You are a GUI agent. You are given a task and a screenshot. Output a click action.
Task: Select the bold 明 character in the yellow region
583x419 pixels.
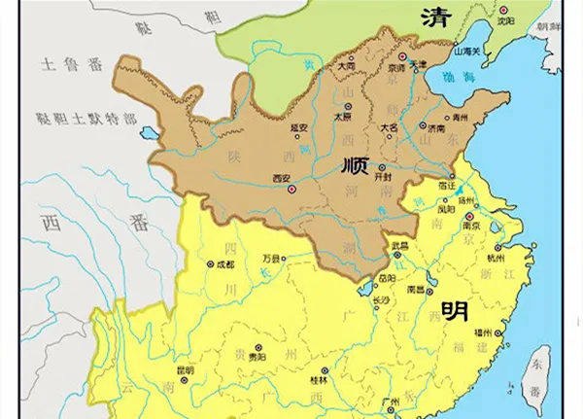455,310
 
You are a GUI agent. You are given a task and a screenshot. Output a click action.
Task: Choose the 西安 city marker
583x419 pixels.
293,189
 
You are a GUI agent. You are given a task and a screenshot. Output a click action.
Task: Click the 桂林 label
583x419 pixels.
318,381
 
